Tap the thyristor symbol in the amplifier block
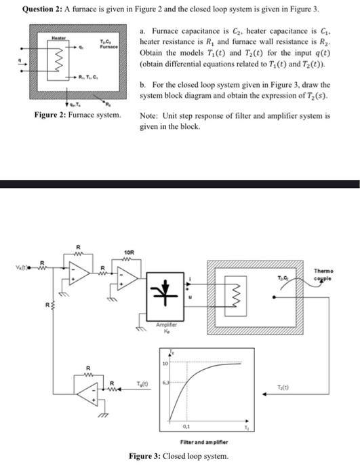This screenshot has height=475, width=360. pyautogui.click(x=166, y=285)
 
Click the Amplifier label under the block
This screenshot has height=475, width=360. pyautogui.click(x=166, y=325)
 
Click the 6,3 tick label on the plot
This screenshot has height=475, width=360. pyautogui.click(x=164, y=383)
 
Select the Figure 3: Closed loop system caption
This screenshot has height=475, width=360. pyautogui.click(x=178, y=455)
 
